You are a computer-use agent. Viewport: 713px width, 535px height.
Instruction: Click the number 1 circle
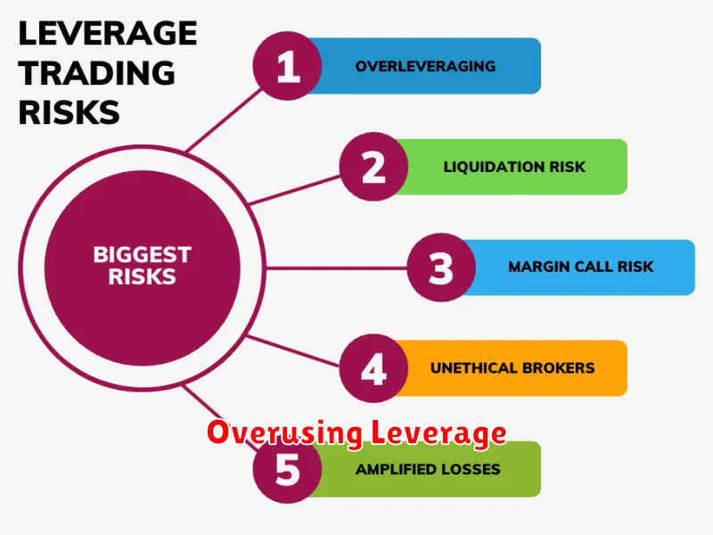point(287,66)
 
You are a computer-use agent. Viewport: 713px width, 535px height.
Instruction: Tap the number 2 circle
point(373,167)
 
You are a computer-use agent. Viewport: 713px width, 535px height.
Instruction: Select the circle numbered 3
point(441,267)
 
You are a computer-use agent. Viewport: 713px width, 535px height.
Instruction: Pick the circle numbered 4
point(373,368)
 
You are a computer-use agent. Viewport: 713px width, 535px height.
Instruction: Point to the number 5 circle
point(287,469)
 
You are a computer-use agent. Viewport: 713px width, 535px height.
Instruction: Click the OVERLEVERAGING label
point(425,66)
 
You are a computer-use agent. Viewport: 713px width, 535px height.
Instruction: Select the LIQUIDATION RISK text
point(514,167)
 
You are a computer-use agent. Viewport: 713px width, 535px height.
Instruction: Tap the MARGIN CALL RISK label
point(581,267)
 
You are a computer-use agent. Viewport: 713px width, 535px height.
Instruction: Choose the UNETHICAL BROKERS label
point(512,367)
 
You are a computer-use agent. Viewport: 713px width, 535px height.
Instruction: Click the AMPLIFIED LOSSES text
point(428,469)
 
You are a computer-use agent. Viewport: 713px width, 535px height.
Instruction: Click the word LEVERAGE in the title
point(108,33)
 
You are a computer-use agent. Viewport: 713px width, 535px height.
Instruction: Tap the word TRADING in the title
point(96,73)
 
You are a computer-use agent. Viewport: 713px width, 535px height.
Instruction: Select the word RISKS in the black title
point(70,112)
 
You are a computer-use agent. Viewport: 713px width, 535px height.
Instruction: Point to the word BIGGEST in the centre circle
point(143,255)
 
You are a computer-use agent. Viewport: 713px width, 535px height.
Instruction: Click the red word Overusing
point(284,432)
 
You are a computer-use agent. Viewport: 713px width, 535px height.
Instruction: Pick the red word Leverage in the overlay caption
point(438,432)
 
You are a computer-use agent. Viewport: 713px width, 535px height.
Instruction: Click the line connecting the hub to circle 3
point(336,268)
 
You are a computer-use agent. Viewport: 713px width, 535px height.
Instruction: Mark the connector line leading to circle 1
point(225,119)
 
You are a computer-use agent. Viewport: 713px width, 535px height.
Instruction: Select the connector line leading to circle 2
point(295,190)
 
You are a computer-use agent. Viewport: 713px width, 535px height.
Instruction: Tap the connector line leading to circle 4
point(293,350)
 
